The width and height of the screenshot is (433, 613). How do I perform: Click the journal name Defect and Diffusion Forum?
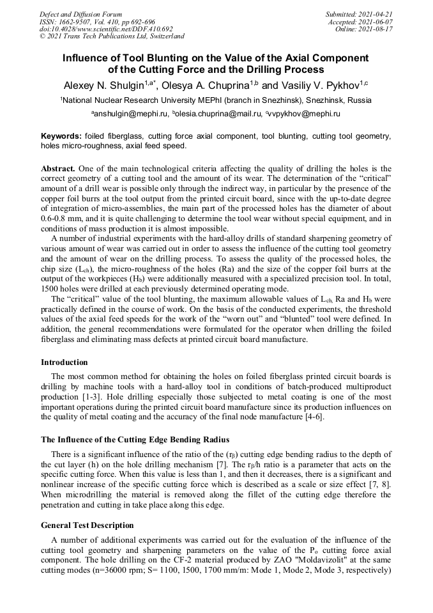[80, 13]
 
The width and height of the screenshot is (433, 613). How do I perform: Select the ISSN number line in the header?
[98, 21]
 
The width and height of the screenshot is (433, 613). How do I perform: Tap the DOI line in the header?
[106, 29]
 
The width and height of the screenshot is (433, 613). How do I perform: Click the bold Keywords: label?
[61, 136]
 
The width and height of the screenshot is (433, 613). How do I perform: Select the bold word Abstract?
[57, 167]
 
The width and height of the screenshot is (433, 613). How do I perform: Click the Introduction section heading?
[65, 362]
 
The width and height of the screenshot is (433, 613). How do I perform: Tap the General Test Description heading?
[87, 525]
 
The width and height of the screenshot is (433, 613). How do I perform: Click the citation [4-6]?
[312, 417]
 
